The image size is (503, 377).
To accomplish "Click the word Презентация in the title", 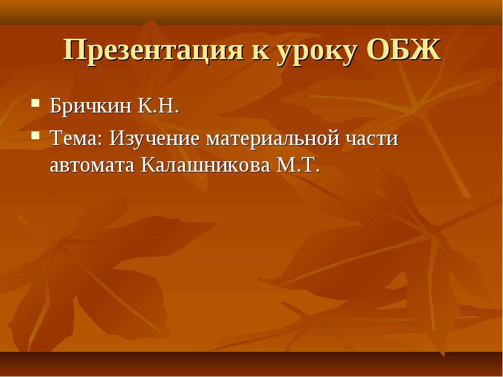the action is pos(153,51).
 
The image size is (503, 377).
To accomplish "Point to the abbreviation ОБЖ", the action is pos(403,50).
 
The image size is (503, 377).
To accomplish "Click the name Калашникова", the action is pos(205,165).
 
